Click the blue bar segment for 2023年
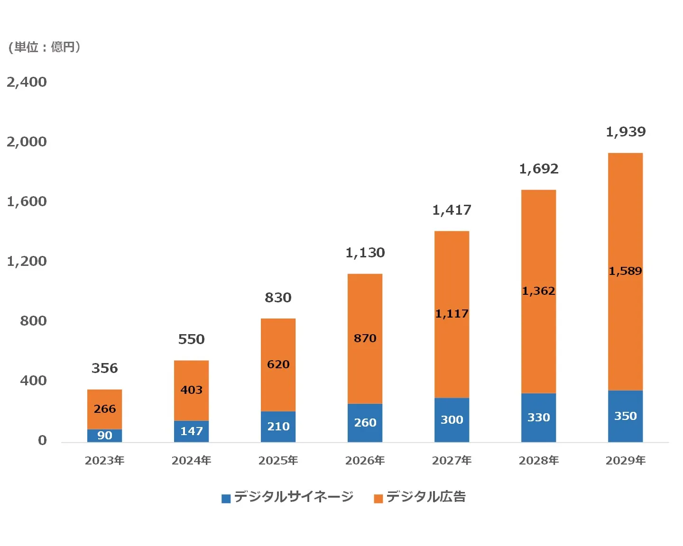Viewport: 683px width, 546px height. [104, 436]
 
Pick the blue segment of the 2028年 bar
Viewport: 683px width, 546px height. [538, 418]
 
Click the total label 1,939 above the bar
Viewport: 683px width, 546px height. [625, 132]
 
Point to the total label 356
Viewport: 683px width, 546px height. [104, 368]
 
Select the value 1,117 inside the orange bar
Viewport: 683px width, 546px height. [452, 314]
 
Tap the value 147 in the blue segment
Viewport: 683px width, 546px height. [191, 431]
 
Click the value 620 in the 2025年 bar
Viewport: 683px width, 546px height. [278, 364]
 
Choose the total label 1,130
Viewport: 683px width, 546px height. [365, 253]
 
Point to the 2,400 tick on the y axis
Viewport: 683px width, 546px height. [27, 82]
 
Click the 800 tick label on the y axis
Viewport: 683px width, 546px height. [33, 321]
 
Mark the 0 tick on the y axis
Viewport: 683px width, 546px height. [42, 440]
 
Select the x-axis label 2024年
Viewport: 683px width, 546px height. [191, 460]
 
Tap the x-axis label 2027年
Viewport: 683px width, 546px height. [452, 460]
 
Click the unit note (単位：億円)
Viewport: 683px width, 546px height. [45, 47]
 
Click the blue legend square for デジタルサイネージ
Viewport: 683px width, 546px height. [226, 498]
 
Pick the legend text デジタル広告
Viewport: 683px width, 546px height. [425, 497]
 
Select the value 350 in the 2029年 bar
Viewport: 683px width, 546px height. [625, 416]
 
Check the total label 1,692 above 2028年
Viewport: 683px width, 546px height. [538, 169]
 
